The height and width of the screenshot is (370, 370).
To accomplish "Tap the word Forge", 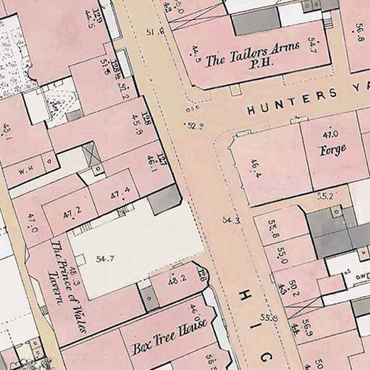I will pos(333,149).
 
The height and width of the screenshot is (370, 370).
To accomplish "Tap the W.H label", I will pos(25,172).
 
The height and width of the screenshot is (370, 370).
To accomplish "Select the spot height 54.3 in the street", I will pos(230,220).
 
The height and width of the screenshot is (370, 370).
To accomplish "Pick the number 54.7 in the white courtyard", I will pos(106,258).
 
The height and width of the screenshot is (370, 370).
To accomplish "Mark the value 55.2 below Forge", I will pos(325,196).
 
